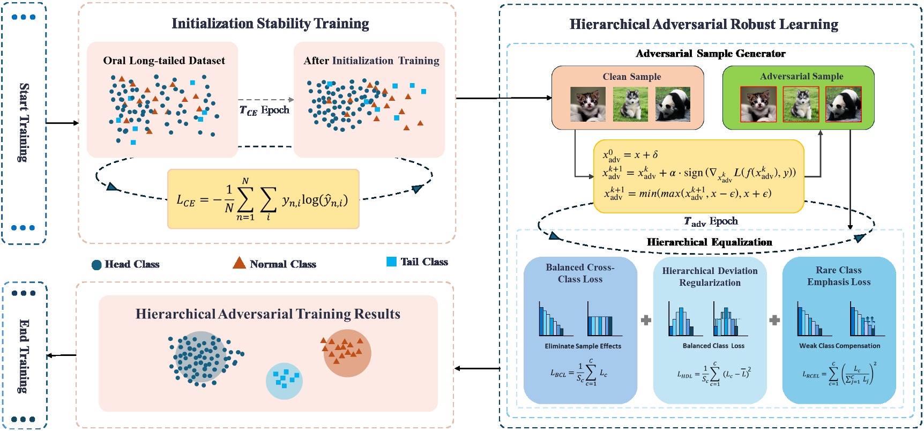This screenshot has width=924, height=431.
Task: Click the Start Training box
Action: click(x=24, y=123)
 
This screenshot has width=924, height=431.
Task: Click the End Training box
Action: click(x=24, y=355)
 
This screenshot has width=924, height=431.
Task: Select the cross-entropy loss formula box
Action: click(x=263, y=199)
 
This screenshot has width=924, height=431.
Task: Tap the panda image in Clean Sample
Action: click(x=673, y=104)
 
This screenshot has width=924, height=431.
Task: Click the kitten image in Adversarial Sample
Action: click(x=758, y=104)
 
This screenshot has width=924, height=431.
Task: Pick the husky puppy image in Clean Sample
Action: click(x=630, y=104)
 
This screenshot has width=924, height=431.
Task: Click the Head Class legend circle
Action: click(x=96, y=265)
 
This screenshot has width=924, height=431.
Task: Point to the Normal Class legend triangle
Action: click(x=239, y=263)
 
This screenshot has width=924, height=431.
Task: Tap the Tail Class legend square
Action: click(x=391, y=262)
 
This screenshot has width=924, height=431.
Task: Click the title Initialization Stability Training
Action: click(x=270, y=24)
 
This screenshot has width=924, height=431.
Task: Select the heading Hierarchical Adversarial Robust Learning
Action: click(x=704, y=25)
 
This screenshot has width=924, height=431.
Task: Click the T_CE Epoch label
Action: click(x=264, y=110)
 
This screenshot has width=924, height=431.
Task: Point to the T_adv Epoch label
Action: click(x=711, y=221)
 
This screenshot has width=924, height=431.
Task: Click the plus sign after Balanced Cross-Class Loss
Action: click(x=646, y=320)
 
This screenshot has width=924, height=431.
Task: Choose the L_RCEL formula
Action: click(x=839, y=373)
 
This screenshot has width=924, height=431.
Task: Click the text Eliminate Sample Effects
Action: click(x=583, y=346)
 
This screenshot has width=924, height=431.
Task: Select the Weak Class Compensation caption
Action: click(x=839, y=346)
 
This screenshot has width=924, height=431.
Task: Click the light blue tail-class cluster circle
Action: click(x=284, y=381)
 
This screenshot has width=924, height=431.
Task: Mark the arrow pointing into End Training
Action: click(x=61, y=355)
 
